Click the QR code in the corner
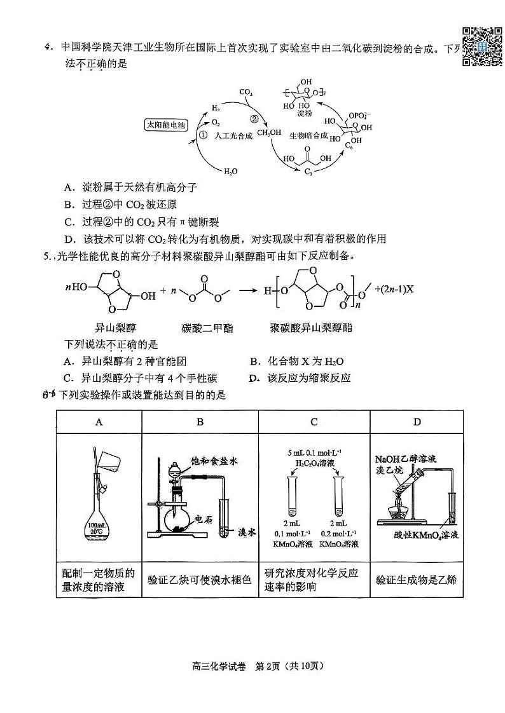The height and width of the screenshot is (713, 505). tap(482, 45)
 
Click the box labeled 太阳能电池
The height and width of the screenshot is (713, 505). tap(167, 125)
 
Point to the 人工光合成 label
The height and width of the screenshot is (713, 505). tap(234, 135)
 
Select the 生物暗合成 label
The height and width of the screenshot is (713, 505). tap(308, 135)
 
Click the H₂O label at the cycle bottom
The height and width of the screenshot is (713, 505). tap(230, 171)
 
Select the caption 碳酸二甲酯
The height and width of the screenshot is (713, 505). tap(207, 328)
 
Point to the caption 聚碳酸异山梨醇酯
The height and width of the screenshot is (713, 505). tap(311, 328)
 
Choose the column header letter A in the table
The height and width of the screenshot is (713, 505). tap(99, 421)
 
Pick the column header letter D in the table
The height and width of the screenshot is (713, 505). tap(417, 421)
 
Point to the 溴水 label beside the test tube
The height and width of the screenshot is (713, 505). tap(246, 533)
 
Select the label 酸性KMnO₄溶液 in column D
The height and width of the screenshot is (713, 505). tap(425, 535)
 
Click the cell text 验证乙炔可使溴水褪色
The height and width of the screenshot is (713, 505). tap(200, 580)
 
